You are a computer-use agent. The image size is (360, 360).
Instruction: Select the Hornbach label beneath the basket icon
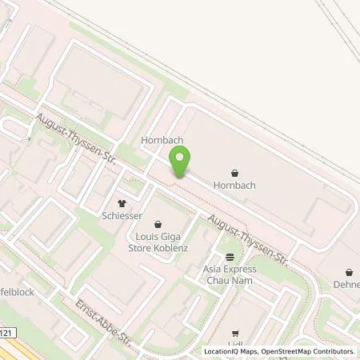pyautogui.click(x=234, y=184)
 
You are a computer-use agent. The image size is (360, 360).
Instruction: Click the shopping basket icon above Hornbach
pyautogui.click(x=234, y=171)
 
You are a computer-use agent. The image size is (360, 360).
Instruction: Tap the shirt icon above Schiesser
pyautogui.click(x=122, y=203)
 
